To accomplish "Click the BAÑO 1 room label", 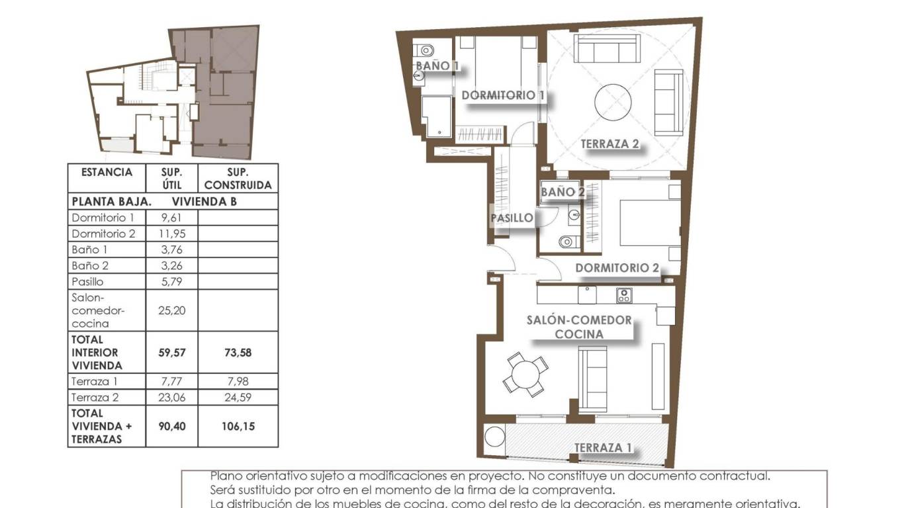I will click(437, 65).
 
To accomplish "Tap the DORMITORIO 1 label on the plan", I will click(502, 95).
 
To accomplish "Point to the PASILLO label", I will click(512, 218).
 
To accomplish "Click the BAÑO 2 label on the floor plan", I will click(563, 192).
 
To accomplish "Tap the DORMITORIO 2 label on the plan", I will click(617, 268).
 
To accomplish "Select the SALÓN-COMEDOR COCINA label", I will click(579, 327).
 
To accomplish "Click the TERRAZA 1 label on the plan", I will click(602, 448).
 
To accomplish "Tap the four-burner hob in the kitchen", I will click(623, 295).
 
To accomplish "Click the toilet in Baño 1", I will click(426, 50).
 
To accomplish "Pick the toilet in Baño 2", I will click(566, 243).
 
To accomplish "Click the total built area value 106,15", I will click(238, 427).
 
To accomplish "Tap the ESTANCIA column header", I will click(107, 173).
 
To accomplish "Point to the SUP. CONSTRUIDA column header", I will click(238, 179).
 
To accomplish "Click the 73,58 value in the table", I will click(238, 353).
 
